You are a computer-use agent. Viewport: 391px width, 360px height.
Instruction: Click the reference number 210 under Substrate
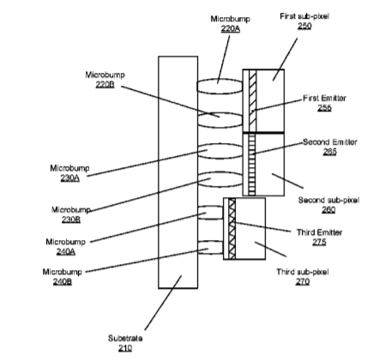[x=125, y=348]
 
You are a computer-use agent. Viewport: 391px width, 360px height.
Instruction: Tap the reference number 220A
[x=231, y=28]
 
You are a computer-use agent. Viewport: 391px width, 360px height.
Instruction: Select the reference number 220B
[x=105, y=84]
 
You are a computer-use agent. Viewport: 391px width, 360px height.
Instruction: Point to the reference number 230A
[x=70, y=177]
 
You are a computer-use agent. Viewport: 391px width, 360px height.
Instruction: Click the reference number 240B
[x=63, y=281]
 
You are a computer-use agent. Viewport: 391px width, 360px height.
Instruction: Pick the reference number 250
[x=304, y=26]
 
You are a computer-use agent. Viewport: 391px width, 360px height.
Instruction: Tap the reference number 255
[x=324, y=108]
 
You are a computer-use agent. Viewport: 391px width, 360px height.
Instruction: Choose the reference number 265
[x=330, y=152]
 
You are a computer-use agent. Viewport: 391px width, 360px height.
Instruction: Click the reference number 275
[x=319, y=242]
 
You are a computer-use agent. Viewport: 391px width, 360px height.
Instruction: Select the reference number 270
[x=303, y=281]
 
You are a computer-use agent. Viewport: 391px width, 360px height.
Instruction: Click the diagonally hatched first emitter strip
[x=253, y=101]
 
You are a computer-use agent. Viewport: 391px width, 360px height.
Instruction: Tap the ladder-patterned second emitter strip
[x=252, y=165]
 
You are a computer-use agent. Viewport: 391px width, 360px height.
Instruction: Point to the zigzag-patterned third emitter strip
[x=232, y=229]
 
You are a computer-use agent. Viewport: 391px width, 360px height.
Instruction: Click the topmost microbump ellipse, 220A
[x=220, y=87]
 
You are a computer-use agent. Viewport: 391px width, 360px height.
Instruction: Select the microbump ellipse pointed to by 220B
[x=220, y=120]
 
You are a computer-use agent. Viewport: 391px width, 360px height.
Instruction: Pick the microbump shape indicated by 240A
[x=210, y=213]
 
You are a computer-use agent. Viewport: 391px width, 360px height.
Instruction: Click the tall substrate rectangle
[x=178, y=172]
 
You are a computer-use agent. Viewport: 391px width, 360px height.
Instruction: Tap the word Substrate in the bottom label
[x=125, y=339]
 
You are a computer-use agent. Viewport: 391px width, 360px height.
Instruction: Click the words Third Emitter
[x=319, y=232]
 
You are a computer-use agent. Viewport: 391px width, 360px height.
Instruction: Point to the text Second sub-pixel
[x=328, y=200]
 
